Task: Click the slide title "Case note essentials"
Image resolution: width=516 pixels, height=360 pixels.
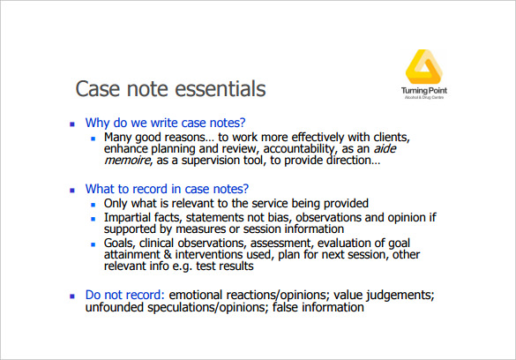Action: pyautogui.click(x=170, y=89)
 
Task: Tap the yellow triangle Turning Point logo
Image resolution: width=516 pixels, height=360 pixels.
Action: pyautogui.click(x=424, y=70)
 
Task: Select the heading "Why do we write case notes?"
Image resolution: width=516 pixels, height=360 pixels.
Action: pyautogui.click(x=165, y=123)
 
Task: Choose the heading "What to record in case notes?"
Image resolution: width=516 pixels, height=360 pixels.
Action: pyautogui.click(x=167, y=188)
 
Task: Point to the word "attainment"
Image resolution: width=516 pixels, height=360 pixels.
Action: pyautogui.click(x=131, y=255)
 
